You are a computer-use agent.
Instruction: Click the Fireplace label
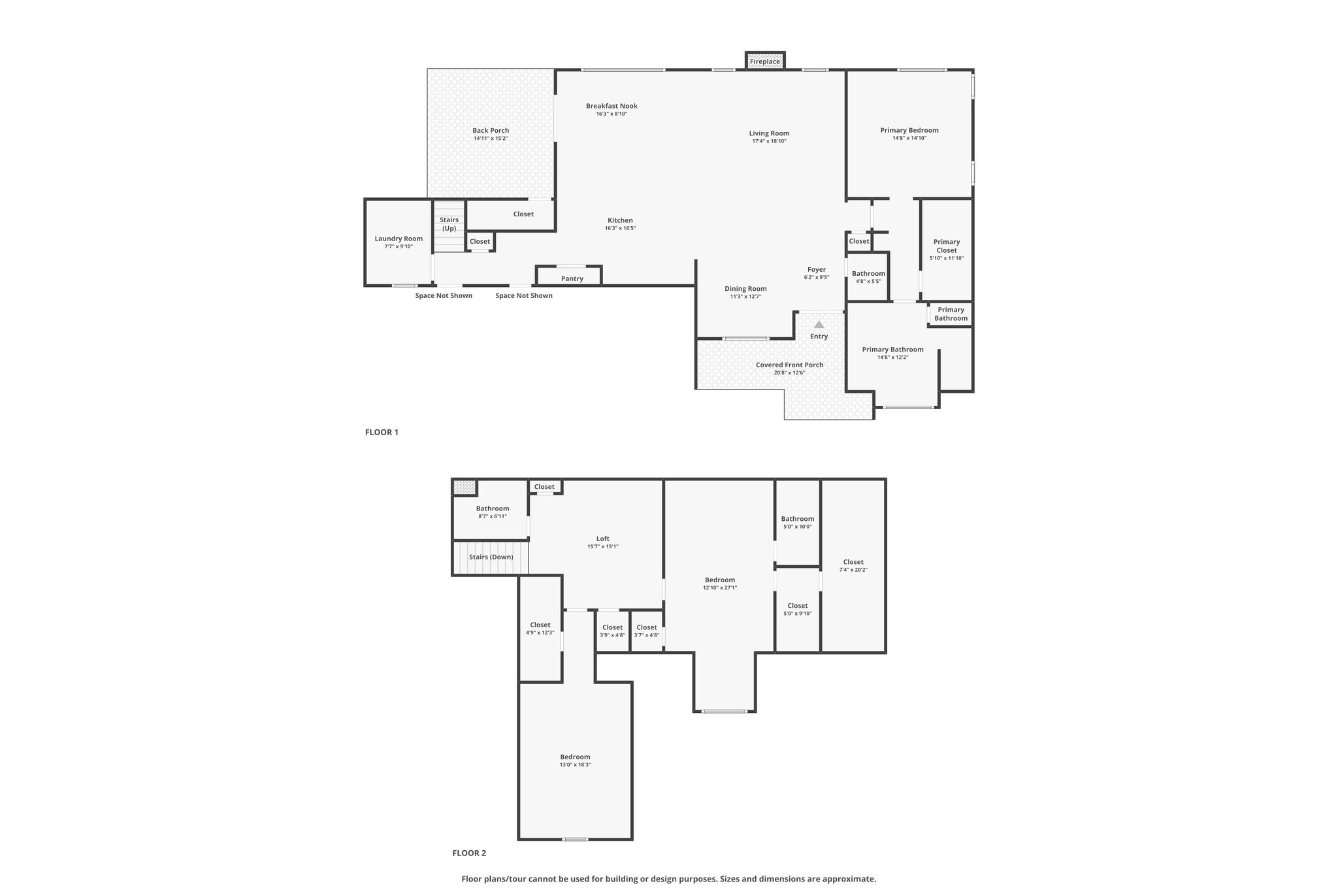pyautogui.click(x=764, y=61)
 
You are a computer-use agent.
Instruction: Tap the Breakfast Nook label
pyautogui.click(x=612, y=106)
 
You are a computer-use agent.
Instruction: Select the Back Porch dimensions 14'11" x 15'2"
pyautogui.click(x=491, y=139)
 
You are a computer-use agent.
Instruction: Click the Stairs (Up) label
pyautogui.click(x=449, y=224)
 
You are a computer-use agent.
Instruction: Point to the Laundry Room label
pyautogui.click(x=399, y=239)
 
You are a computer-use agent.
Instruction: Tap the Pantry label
pyautogui.click(x=572, y=278)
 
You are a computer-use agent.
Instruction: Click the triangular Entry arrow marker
pyautogui.click(x=819, y=324)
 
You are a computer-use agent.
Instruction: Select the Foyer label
pyautogui.click(x=817, y=269)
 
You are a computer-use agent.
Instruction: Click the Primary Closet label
pyautogui.click(x=947, y=246)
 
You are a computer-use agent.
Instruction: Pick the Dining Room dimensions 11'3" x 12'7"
pyautogui.click(x=745, y=297)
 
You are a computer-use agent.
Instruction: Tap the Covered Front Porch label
pyautogui.click(x=789, y=365)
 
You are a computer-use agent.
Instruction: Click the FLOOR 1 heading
pyautogui.click(x=382, y=432)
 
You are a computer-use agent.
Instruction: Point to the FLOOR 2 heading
pyautogui.click(x=469, y=853)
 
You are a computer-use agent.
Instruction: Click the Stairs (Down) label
pyautogui.click(x=491, y=557)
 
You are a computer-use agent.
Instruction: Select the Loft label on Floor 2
pyautogui.click(x=603, y=538)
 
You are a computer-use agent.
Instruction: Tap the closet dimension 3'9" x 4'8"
pyautogui.click(x=613, y=635)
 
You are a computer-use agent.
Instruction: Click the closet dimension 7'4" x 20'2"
pyautogui.click(x=853, y=570)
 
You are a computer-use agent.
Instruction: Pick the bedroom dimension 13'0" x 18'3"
pyautogui.click(x=575, y=765)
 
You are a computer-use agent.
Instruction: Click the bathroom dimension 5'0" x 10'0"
pyautogui.click(x=798, y=527)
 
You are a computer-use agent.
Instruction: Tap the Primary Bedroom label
pyautogui.click(x=909, y=130)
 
